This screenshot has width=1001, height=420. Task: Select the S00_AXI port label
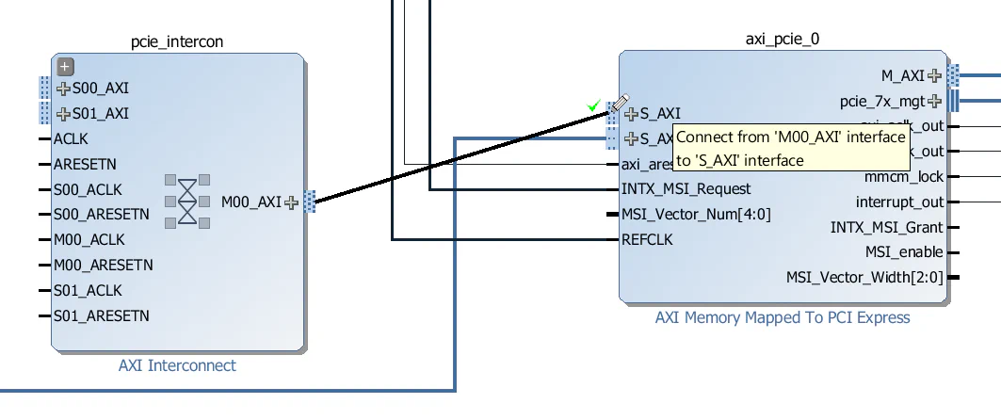[x=100, y=89]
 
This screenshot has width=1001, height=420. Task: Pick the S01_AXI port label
[x=100, y=114]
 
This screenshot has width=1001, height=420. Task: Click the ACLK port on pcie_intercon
[x=71, y=138]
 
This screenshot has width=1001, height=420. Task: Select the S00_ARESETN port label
[x=101, y=214]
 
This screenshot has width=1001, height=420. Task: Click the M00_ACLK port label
[x=89, y=239]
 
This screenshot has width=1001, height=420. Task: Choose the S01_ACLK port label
[x=88, y=290]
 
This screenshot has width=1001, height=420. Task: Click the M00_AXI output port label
[x=250, y=202]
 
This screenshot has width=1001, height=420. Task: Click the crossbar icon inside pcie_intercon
[x=187, y=201]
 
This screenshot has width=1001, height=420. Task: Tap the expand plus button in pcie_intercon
[x=65, y=67]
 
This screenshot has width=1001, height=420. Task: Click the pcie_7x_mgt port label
[x=881, y=101]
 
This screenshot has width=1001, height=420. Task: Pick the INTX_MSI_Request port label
[x=686, y=188]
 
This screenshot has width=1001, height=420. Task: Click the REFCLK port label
[x=647, y=239]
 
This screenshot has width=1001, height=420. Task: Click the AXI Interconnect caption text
[x=177, y=365]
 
